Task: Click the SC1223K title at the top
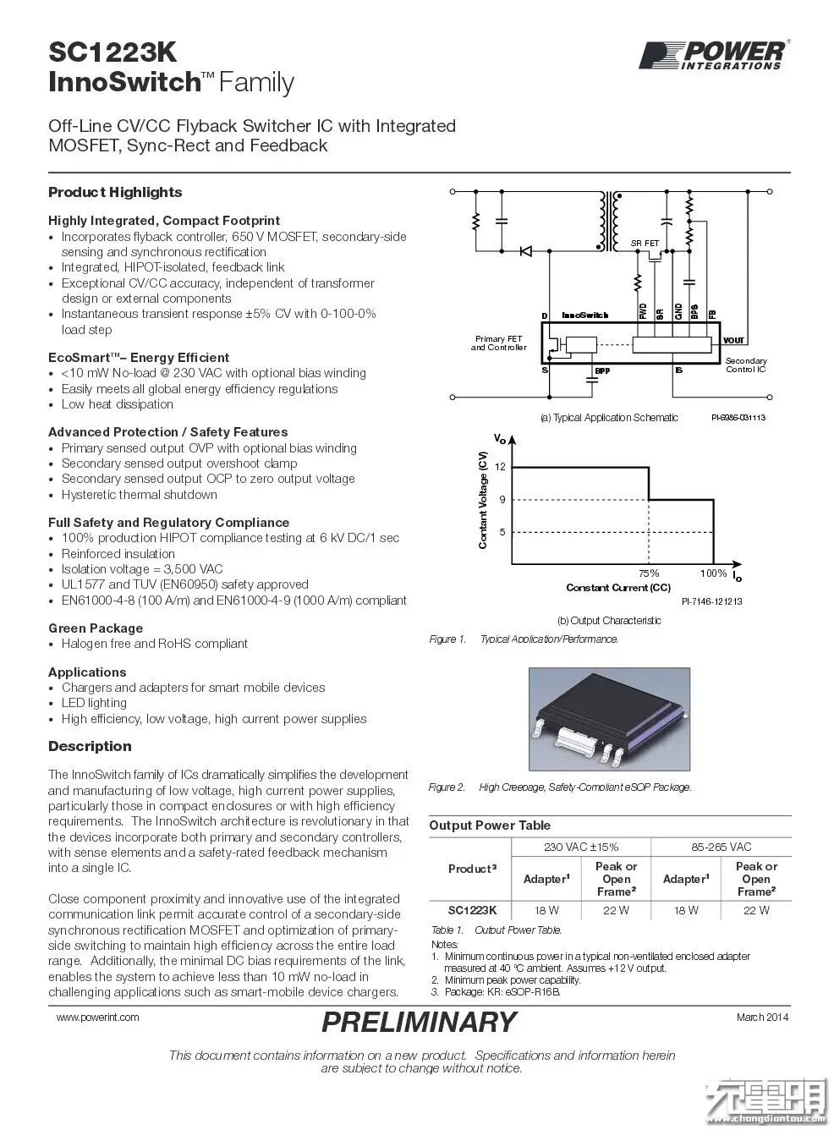click(x=112, y=52)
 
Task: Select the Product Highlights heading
click(x=115, y=192)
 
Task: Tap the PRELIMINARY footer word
click(x=419, y=1022)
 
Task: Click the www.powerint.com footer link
click(x=98, y=1017)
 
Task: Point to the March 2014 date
click(x=762, y=1017)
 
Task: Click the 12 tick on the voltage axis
click(x=500, y=467)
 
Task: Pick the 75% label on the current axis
click(x=649, y=573)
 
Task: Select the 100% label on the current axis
click(x=713, y=573)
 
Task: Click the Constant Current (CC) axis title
click(x=618, y=587)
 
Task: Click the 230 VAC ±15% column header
click(x=582, y=847)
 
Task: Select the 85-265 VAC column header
click(x=721, y=847)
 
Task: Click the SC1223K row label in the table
click(x=472, y=910)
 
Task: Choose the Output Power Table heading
click(x=490, y=826)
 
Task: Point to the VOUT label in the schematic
click(x=734, y=340)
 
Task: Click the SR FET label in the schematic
click(x=645, y=244)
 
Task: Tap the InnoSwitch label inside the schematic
click(x=585, y=315)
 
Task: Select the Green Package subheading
click(x=96, y=628)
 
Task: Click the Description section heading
click(x=90, y=746)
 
